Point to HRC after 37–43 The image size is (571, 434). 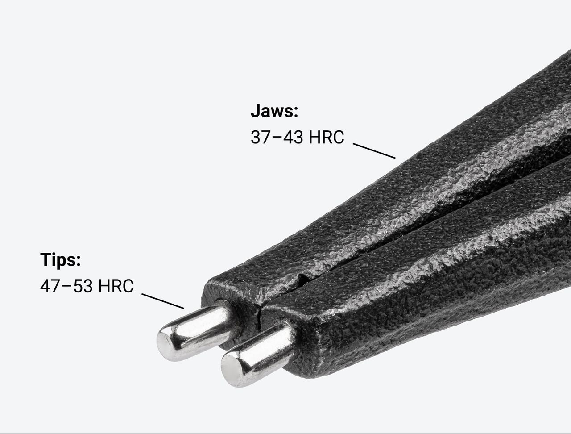[326, 137]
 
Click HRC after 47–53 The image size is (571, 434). [116, 286]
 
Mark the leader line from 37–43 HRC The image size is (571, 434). [374, 151]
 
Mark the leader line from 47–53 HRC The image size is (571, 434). [163, 301]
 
